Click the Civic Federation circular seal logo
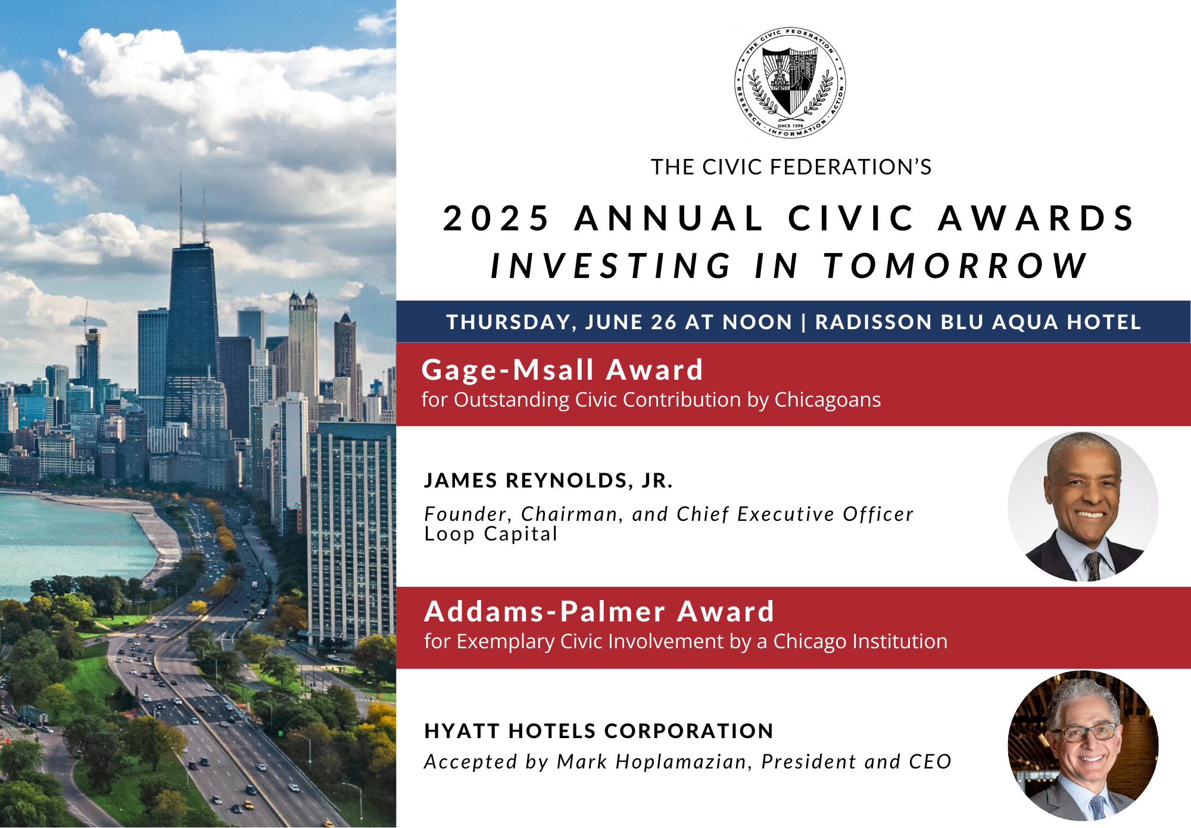[790, 83]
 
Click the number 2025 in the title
[497, 218]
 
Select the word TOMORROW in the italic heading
[956, 265]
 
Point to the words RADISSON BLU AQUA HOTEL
[978, 322]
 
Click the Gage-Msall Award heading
[562, 370]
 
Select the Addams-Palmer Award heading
[599, 611]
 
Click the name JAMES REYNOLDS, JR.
[548, 480]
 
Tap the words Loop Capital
[491, 534]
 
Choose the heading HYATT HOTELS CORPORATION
[599, 731]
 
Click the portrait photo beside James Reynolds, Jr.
[1083, 507]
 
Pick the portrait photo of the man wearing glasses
[1083, 746]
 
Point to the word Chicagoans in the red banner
[827, 401]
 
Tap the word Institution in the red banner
[900, 641]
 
